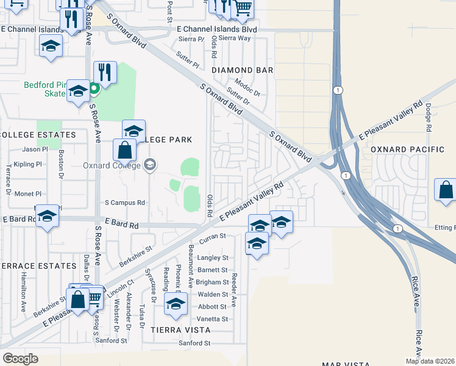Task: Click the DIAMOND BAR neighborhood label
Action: [x=243, y=70]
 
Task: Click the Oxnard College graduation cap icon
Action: [x=151, y=165]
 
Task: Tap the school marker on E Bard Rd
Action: [x=47, y=216]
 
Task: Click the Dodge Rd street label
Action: [x=429, y=117]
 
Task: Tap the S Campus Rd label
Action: [x=125, y=203]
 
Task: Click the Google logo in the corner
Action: [x=20, y=359]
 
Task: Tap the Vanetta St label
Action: [x=212, y=319]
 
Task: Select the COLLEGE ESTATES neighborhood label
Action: [x=38, y=134]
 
